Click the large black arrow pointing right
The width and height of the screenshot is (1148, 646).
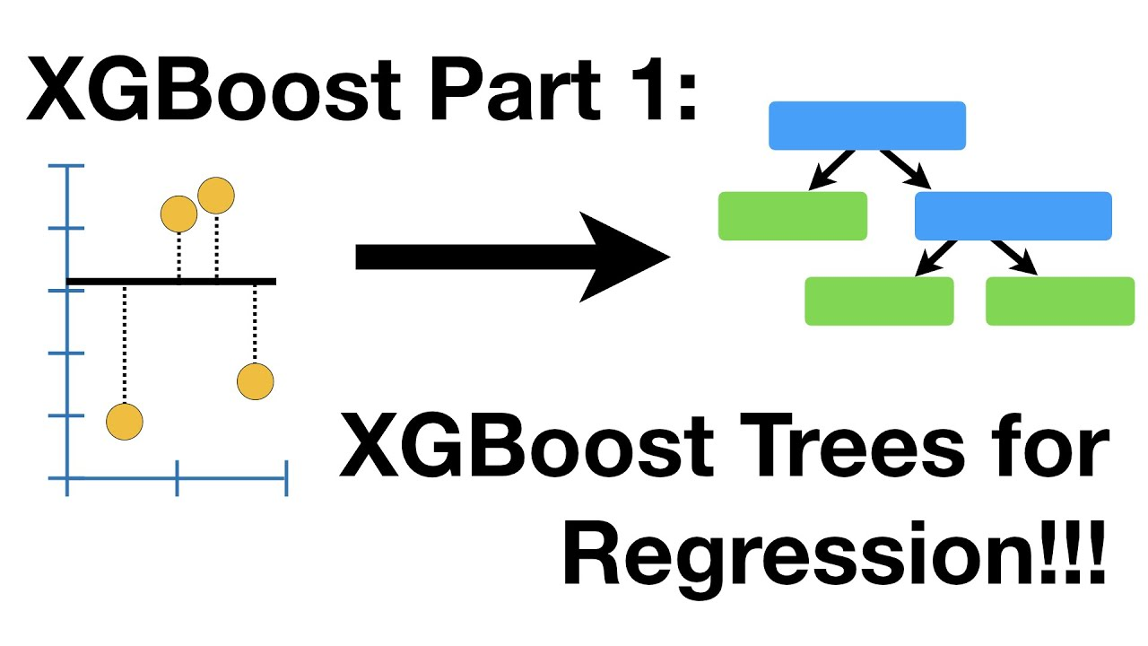tap(512, 257)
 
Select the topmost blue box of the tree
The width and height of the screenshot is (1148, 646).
tap(866, 126)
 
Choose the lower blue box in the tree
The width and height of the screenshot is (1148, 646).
tap(1013, 216)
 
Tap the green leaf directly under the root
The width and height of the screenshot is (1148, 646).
tap(792, 216)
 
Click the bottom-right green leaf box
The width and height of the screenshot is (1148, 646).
tap(1059, 301)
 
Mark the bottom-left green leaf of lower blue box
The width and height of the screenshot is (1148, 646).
tap(879, 301)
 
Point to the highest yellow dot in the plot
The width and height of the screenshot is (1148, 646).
tap(216, 196)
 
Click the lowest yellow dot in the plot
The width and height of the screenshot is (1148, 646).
tap(125, 422)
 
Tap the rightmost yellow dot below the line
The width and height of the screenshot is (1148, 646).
tap(255, 381)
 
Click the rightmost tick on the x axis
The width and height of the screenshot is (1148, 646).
tap(286, 478)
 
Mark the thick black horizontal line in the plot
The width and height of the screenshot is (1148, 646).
tap(170, 282)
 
